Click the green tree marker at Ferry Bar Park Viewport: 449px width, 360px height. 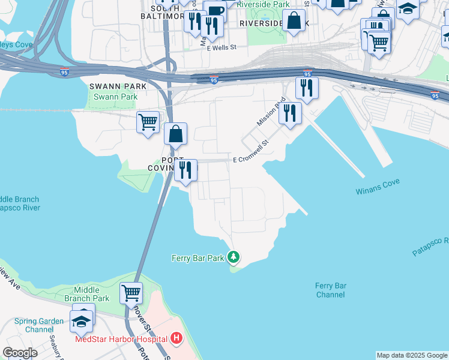click(234, 257)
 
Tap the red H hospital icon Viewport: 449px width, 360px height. click(176, 338)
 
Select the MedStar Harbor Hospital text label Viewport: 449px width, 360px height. click(121, 339)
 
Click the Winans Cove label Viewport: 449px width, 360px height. click(378, 190)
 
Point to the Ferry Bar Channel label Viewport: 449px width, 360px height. click(330, 290)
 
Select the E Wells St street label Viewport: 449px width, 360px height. click(223, 46)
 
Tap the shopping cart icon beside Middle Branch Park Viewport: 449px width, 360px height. click(131, 293)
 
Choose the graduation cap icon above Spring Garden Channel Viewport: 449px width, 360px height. click(82, 321)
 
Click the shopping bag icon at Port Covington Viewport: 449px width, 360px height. click(175, 134)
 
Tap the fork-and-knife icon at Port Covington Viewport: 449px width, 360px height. click(185, 170)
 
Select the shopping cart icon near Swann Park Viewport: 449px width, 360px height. click(148, 122)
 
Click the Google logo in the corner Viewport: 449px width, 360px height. click(20, 353)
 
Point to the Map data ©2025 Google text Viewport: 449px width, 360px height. click(411, 355)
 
